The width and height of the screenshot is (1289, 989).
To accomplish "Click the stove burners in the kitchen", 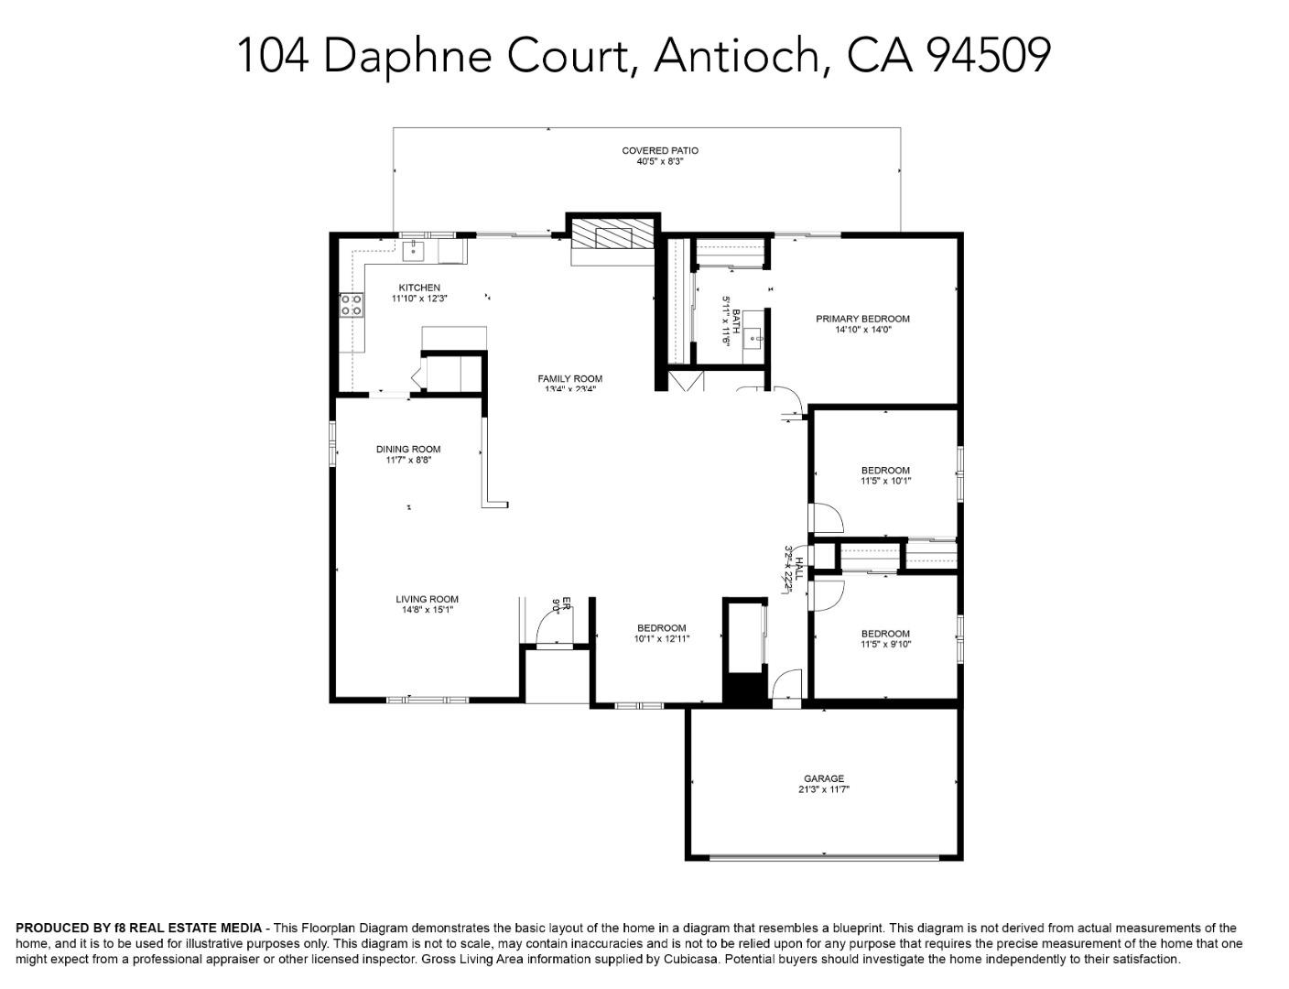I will click(x=352, y=304).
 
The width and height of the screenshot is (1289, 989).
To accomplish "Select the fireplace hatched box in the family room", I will click(x=613, y=238).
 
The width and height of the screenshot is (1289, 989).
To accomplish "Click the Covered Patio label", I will click(x=659, y=150).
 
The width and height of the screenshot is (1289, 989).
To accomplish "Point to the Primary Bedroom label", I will click(x=862, y=319).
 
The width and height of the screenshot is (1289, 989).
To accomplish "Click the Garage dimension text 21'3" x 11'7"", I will click(x=824, y=789).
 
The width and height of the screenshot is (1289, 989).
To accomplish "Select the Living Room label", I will click(x=427, y=599).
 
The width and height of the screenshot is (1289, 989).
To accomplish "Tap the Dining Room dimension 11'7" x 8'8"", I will click(x=408, y=461).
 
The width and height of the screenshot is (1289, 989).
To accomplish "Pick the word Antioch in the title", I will click(x=736, y=55).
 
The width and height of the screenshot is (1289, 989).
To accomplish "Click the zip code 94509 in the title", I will click(x=988, y=55).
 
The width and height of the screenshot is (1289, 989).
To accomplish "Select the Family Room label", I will click(x=569, y=378).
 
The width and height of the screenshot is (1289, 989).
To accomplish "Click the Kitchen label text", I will click(x=419, y=288).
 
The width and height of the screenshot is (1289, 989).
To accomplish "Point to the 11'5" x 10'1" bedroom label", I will click(x=885, y=471).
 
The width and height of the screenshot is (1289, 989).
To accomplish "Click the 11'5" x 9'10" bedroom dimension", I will click(x=885, y=645).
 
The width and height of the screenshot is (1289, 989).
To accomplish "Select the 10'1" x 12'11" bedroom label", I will click(x=661, y=628).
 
